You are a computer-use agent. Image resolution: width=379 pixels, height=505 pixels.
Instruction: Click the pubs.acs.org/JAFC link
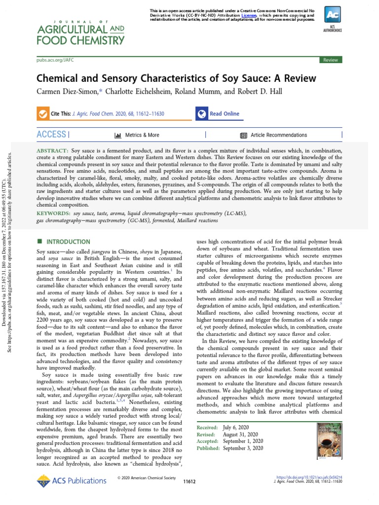[x=54, y=60]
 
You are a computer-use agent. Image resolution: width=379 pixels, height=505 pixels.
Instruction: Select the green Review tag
[x=330, y=60]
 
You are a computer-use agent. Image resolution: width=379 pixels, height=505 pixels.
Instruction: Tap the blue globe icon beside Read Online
[x=201, y=114]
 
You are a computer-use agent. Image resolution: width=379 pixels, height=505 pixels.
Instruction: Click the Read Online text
[x=224, y=114]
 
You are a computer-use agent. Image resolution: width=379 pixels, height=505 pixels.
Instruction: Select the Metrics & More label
[x=142, y=135]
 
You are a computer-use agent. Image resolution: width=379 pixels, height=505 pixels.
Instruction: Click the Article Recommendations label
[x=278, y=135]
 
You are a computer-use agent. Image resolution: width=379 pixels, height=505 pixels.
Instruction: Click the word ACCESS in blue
[x=51, y=135]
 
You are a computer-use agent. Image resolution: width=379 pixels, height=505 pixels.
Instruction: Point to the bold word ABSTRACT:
[x=52, y=149]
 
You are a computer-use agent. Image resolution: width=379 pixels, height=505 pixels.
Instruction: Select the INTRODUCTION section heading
[x=68, y=242]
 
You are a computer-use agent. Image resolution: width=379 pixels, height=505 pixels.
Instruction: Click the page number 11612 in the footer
[x=189, y=481]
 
